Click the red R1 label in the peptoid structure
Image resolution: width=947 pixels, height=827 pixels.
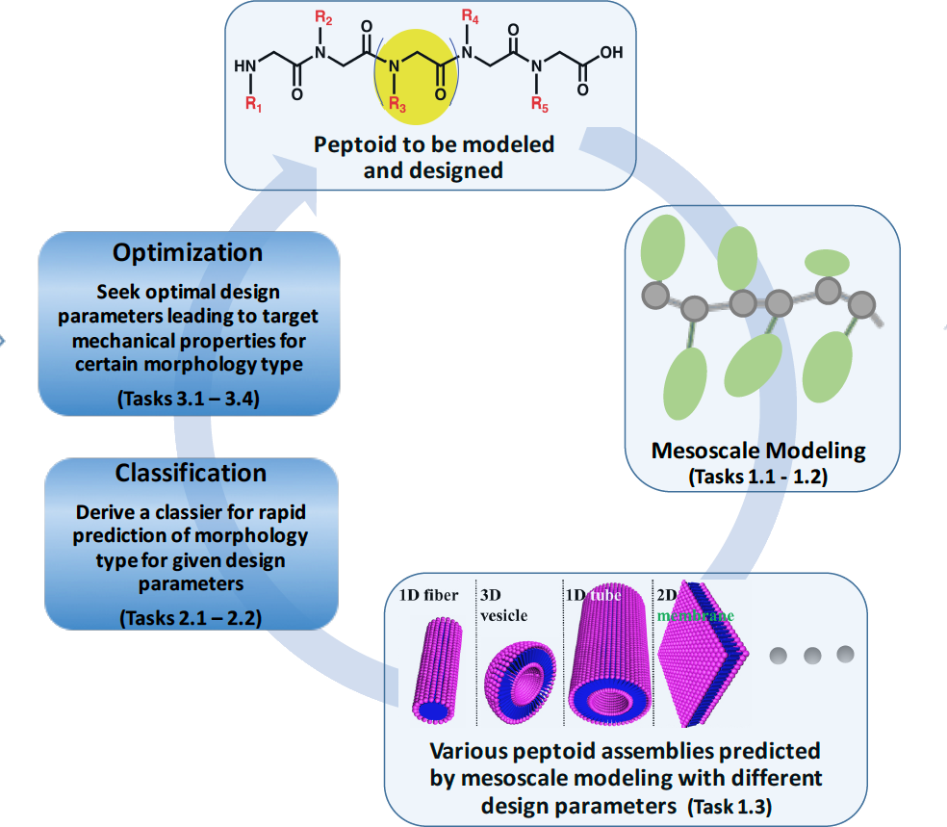[x=252, y=105]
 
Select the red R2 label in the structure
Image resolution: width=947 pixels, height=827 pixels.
[x=324, y=17]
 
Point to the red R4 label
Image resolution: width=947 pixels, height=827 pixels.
[x=471, y=17]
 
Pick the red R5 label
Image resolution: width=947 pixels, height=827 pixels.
[x=540, y=105]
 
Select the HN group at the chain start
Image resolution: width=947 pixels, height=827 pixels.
[x=245, y=67]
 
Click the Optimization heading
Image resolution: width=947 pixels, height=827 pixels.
[x=188, y=253]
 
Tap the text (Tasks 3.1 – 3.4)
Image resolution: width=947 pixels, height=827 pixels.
[x=189, y=399]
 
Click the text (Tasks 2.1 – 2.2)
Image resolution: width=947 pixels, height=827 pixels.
[x=189, y=617]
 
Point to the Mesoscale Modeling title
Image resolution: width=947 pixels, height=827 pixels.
[x=758, y=450]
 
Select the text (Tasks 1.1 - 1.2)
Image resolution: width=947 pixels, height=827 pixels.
[x=758, y=476]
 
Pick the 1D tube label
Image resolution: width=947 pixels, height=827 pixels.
[x=593, y=594]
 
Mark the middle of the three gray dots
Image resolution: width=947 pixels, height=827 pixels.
[x=811, y=655]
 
